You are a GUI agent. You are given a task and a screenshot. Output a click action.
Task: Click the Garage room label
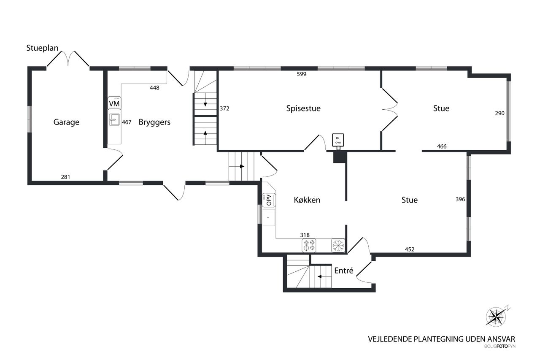click(66, 122)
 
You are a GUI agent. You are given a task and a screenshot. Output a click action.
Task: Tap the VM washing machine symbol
click(114, 103)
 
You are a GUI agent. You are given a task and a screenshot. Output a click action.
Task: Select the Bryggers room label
click(154, 122)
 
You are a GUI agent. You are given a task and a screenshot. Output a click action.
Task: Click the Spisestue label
click(303, 108)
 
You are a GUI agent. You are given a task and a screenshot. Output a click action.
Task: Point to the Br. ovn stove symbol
click(338, 141)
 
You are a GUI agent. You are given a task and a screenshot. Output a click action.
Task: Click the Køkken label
click(307, 200)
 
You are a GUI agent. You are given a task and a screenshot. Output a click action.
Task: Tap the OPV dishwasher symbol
click(269, 200)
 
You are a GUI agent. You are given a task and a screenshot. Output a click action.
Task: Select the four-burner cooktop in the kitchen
click(309, 246)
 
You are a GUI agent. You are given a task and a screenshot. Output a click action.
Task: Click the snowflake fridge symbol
click(338, 246)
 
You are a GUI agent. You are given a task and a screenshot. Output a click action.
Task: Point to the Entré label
click(344, 271)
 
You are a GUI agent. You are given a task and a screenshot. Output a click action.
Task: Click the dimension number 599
click(301, 74)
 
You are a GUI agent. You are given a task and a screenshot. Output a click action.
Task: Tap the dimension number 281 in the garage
click(65, 177)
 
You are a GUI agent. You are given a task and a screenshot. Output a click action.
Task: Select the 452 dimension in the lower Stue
click(410, 249)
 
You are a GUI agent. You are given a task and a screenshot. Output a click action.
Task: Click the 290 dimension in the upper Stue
click(499, 113)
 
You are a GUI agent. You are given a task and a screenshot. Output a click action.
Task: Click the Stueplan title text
click(42, 48)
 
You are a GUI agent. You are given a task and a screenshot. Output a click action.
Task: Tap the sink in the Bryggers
click(114, 119)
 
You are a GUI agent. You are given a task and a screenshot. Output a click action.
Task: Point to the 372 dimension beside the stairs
click(224, 108)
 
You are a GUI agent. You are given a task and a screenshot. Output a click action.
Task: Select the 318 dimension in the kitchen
click(305, 235)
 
